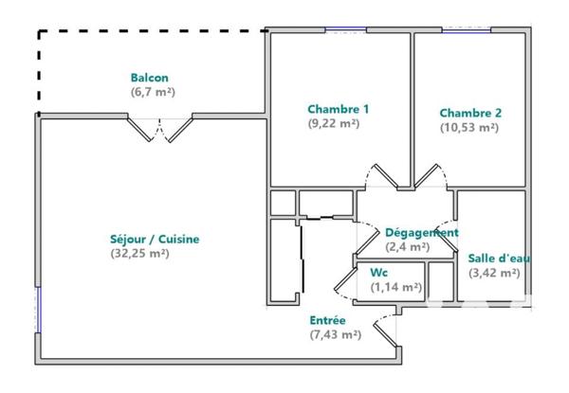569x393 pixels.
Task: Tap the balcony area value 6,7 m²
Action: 153,92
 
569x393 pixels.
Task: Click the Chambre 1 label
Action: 338,109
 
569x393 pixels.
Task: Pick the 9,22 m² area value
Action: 333,123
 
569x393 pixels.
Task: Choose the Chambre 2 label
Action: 470,113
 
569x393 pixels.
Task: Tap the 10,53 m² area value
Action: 468,127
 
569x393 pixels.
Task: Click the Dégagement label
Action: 421,233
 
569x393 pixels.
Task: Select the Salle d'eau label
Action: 495,259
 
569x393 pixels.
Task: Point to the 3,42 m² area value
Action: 494,273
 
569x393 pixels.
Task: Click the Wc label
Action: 378,273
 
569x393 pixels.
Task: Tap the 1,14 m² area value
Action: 395,287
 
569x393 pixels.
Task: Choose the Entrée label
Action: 328,321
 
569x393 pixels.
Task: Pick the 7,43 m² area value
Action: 335,335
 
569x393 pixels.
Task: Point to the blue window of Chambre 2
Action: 468,30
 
